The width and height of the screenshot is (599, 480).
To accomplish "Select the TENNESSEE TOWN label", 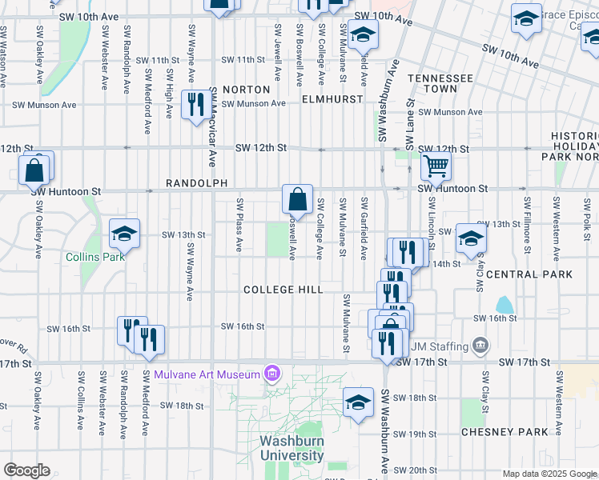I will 440,85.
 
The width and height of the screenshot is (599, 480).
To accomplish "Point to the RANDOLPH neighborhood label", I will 191,183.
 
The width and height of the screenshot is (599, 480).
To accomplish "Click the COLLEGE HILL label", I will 283,290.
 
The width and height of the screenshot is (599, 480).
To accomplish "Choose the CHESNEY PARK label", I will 505,432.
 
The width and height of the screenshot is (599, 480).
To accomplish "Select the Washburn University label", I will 291,448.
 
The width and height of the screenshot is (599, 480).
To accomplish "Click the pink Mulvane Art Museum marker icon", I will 272,374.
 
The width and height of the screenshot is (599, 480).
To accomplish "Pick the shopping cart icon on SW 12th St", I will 436,166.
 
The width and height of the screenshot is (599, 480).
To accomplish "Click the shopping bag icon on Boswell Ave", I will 297,198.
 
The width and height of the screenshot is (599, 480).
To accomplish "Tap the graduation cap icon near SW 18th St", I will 358,402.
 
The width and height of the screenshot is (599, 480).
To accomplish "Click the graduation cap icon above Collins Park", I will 124,233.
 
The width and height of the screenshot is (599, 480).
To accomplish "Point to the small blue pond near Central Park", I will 504,305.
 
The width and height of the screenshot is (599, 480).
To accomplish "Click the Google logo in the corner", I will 26,470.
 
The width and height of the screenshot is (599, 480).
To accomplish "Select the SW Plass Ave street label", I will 239,226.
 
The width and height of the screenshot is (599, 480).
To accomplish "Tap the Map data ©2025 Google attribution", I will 549,474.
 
